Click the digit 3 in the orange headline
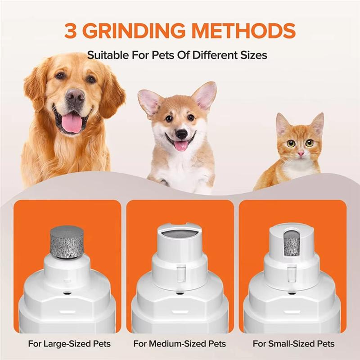pos(71,30)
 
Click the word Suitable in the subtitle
pos(104,56)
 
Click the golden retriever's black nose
pos(75,95)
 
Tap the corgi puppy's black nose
pos(181,134)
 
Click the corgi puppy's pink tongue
pos(182,145)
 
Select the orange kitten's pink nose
pos(300,153)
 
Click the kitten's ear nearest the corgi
pos(283,124)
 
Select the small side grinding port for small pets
pos(292,243)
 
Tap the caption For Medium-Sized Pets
pos(180,344)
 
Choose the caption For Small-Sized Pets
pos(293,344)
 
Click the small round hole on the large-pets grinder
pos(67,293)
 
